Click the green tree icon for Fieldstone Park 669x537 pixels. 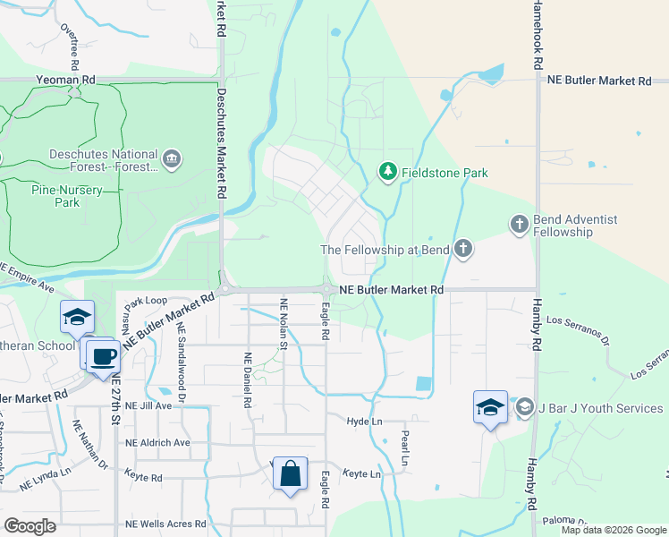[387, 170]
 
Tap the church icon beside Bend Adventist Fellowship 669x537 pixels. [520, 224]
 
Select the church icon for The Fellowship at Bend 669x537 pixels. [462, 249]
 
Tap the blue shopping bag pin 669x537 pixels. [291, 474]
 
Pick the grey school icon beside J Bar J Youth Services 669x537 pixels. [525, 408]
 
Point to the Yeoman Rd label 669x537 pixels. [65, 80]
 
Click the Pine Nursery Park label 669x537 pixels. [66, 196]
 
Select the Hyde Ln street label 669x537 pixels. [364, 421]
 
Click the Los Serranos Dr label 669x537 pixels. [578, 330]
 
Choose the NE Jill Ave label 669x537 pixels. [148, 405]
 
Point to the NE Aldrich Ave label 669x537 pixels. [157, 442]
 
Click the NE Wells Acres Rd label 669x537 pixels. [165, 524]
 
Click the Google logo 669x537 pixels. [30, 526]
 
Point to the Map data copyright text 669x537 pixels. [613, 530]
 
